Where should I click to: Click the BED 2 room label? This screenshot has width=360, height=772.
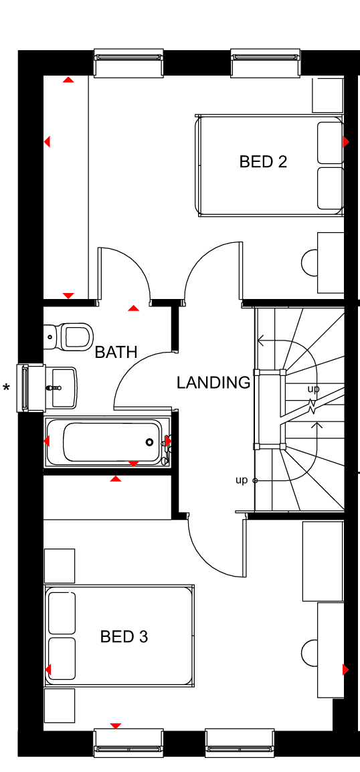[x=263, y=161]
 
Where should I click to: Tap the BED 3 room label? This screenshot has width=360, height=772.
[x=124, y=637]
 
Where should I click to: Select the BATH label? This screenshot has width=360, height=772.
[x=116, y=352]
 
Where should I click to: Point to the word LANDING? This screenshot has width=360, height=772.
[x=213, y=383]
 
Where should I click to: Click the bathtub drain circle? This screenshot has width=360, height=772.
[x=149, y=442]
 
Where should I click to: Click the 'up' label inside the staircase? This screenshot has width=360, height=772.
[x=313, y=389]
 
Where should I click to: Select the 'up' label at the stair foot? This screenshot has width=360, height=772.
[x=242, y=480]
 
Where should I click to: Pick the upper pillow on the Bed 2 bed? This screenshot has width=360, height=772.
[x=330, y=142]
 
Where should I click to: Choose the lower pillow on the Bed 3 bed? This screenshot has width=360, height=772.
[x=62, y=658]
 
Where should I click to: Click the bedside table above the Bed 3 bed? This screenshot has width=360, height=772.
[x=60, y=566]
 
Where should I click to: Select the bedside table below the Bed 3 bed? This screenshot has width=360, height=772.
[x=60, y=706]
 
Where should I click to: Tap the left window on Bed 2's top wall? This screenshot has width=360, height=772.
[x=128, y=63]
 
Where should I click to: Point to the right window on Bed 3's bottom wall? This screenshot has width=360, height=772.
[x=240, y=743]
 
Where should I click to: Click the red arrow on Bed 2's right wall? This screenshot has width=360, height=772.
[x=346, y=142]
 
